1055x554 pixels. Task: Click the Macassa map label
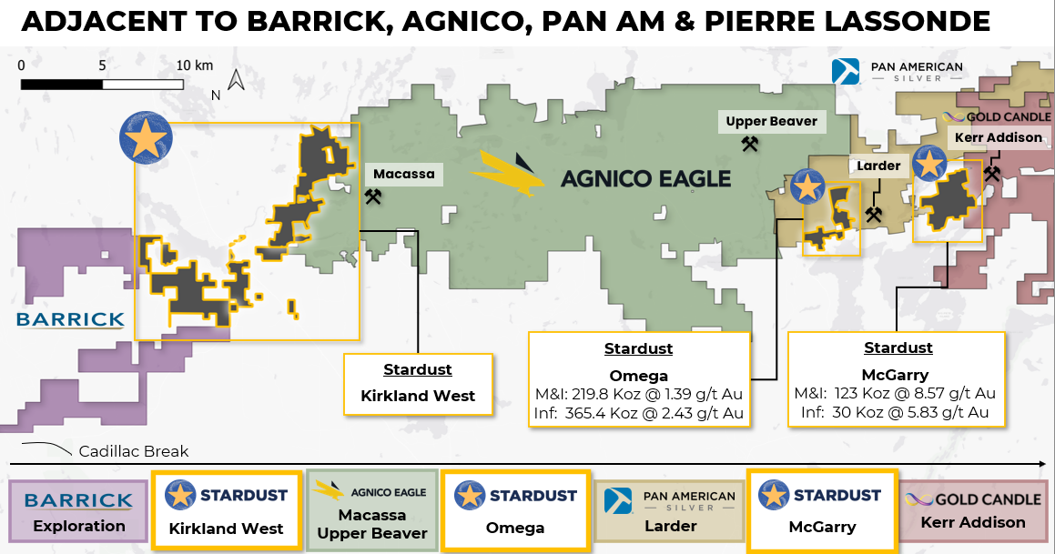[404, 174]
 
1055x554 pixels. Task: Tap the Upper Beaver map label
[772, 122]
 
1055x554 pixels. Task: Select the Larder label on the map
[878, 166]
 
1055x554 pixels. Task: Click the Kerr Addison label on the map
[999, 138]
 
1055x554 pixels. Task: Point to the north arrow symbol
[236, 80]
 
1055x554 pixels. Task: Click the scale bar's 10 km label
[195, 65]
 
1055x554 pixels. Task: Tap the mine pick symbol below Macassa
[372, 197]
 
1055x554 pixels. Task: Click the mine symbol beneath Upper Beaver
[749, 144]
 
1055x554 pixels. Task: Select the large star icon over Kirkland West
[146, 138]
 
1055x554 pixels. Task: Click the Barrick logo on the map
[71, 319]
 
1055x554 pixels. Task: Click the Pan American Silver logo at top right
[898, 72]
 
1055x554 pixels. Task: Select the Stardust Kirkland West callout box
[418, 384]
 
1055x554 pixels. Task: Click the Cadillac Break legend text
[133, 451]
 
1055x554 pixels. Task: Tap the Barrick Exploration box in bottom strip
[78, 511]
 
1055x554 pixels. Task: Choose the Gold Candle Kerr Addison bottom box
[973, 511]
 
